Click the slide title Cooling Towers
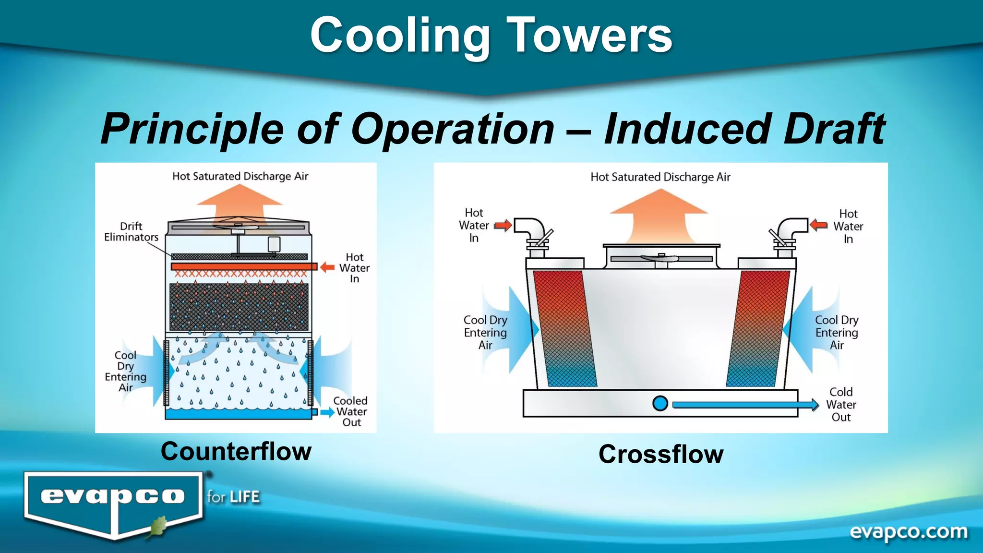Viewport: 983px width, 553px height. tap(491, 35)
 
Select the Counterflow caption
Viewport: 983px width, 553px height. tap(236, 451)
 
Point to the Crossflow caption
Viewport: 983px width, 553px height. tap(661, 454)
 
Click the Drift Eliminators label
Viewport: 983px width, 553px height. tap(131, 231)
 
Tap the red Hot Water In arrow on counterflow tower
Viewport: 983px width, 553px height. tap(327, 267)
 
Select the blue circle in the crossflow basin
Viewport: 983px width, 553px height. tap(660, 403)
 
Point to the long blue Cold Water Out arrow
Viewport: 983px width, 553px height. tap(744, 405)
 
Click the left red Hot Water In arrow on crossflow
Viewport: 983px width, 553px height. tap(503, 225)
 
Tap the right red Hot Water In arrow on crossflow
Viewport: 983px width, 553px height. tap(819, 225)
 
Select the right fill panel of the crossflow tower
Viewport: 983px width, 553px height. tap(758, 328)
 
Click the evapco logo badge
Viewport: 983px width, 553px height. tap(113, 502)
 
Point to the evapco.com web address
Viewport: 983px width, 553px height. tap(908, 532)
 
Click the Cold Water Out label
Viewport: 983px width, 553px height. tap(841, 405)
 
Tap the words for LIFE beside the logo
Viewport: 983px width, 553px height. tap(233, 497)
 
